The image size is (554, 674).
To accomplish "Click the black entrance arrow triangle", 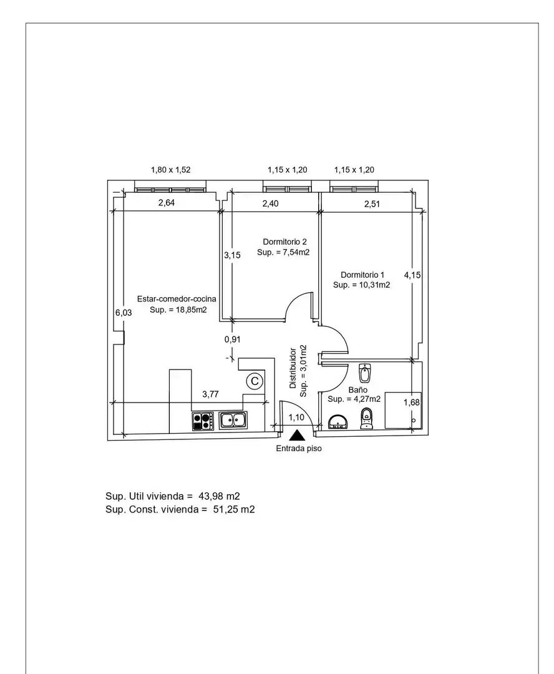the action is point(297,436).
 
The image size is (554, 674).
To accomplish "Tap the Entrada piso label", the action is point(299,448).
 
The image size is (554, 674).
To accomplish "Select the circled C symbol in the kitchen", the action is point(255,381).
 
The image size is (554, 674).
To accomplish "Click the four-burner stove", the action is point(203,421).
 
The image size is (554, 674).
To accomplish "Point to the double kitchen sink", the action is point(233,420).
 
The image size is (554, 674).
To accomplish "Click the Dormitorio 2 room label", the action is point(285,242).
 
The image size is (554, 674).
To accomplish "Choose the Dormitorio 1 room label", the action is point(362,275).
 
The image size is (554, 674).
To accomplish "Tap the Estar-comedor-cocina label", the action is point(177,299).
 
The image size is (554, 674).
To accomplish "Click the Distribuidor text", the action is point(293,368).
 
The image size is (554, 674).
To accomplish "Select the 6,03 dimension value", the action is point(124,313).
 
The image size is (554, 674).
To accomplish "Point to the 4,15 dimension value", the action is point(412,275).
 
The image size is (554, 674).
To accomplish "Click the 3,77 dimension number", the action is point(211,394).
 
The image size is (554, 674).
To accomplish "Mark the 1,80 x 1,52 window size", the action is point(170,170).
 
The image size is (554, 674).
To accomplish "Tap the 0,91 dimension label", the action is point(233,339).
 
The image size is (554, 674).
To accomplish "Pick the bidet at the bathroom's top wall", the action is point(365,373).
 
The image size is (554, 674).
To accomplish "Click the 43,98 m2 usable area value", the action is point(219,496).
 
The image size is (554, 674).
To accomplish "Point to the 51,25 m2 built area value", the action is point(234,509).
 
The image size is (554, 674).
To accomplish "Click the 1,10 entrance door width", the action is point(296,417).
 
